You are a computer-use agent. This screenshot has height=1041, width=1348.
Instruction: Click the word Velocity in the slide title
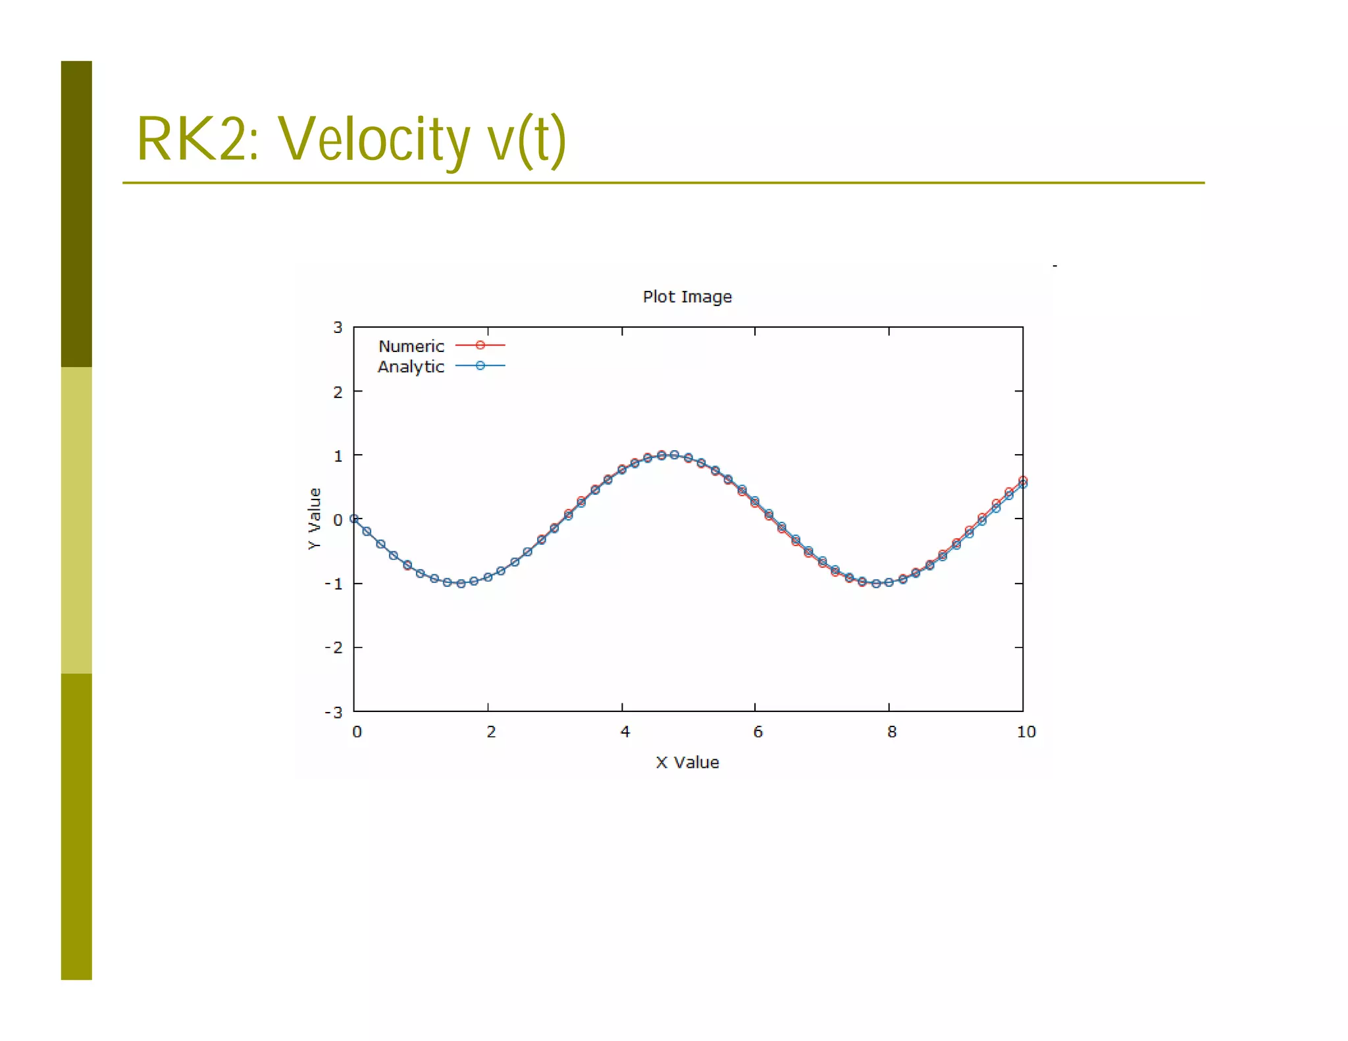tap(374, 140)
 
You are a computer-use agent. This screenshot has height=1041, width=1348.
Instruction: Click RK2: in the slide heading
tap(197, 140)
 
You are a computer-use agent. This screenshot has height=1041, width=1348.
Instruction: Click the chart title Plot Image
tap(687, 297)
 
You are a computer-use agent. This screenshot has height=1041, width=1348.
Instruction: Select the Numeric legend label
tap(411, 346)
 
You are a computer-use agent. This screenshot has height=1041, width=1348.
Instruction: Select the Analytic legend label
tap(411, 367)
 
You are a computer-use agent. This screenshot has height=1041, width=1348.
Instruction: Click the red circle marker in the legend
tap(480, 345)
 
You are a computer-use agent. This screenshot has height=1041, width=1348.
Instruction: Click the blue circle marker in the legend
tap(480, 366)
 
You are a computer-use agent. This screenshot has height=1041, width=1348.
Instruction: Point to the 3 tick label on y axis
tap(338, 327)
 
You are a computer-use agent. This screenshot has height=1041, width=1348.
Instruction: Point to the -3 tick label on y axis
tap(334, 712)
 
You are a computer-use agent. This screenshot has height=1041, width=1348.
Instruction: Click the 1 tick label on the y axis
tap(338, 455)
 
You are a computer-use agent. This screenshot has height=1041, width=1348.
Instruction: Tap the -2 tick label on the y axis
tap(334, 647)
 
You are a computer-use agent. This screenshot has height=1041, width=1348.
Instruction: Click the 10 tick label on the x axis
tap(1026, 732)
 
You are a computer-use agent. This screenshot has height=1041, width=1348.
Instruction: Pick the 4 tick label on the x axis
tap(625, 732)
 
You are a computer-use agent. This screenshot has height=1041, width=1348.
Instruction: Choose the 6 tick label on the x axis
tap(758, 732)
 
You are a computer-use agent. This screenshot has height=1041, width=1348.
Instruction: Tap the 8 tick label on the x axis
tap(892, 732)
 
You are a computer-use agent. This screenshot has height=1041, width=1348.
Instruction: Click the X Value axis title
tap(687, 763)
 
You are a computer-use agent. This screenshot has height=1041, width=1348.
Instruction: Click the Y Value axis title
tap(315, 519)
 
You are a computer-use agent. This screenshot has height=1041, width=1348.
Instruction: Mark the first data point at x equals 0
tap(354, 519)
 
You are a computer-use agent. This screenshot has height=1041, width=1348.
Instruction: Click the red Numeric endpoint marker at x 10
tap(1023, 480)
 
